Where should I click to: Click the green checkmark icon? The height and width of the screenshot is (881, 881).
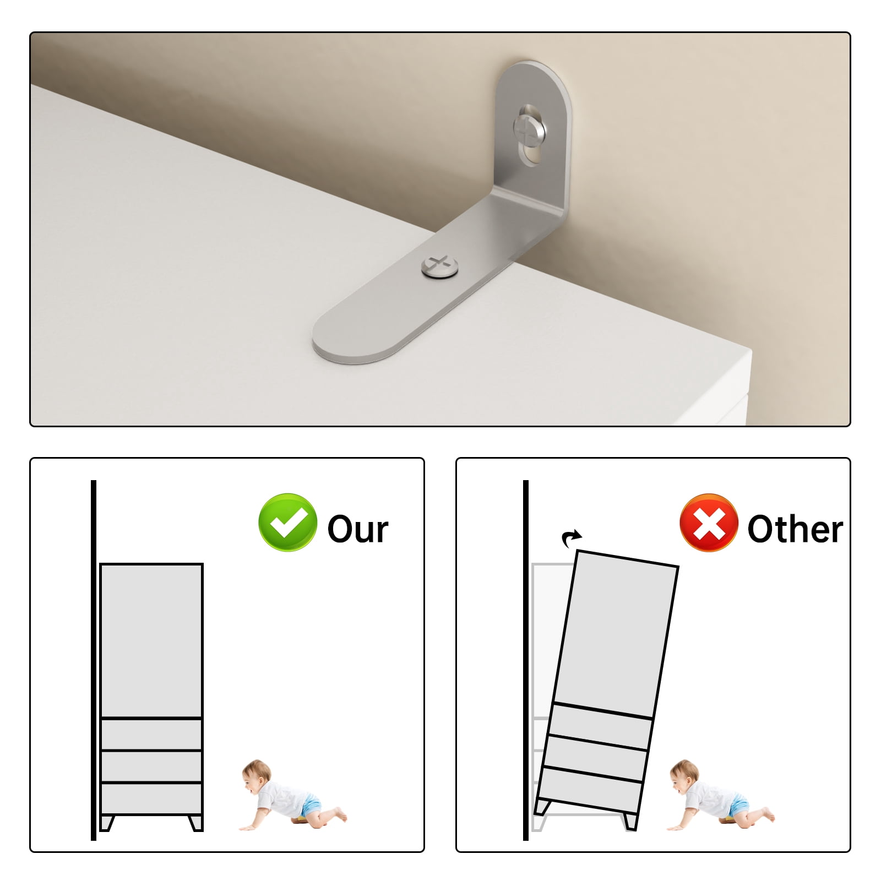pos(287,523)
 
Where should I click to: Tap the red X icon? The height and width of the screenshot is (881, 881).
pos(709,523)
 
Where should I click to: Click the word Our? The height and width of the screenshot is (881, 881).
pos(358,529)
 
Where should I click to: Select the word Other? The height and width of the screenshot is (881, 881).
pos(795,529)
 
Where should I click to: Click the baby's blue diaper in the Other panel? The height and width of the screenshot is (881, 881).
pos(742,806)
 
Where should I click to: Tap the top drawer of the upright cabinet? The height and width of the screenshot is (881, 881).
pos(151,735)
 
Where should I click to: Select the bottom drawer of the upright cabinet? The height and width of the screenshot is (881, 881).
pos(151,798)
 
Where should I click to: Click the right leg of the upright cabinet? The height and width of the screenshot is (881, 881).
pos(195,823)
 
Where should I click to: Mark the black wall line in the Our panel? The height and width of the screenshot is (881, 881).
pos(94,660)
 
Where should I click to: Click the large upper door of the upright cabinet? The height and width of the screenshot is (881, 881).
pos(151,641)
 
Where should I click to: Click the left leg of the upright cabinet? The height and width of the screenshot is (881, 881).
pos(107,823)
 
